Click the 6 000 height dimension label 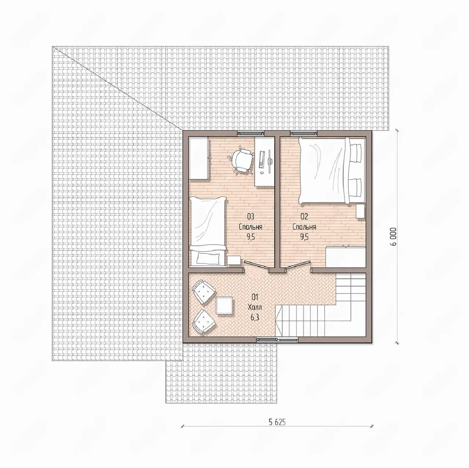394,237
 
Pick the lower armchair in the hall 204,321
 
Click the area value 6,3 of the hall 255,317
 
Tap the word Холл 255,307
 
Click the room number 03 251,216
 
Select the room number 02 304,216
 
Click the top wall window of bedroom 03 251,133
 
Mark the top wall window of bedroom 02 304,133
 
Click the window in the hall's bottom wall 277,339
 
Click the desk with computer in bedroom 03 264,162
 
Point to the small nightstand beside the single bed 234,260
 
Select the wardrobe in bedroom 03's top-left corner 199,158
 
